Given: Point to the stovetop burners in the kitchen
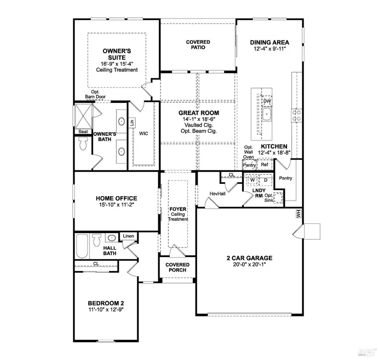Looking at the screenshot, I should [x=296, y=115].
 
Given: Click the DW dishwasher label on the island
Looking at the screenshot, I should [x=267, y=101].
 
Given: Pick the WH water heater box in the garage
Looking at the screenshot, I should [x=299, y=214].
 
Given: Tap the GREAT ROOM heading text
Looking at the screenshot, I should [x=199, y=113].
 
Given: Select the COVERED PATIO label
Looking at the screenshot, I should [x=198, y=45].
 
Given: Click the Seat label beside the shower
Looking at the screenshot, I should [x=83, y=132].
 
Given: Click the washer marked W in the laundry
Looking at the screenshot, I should [x=253, y=180].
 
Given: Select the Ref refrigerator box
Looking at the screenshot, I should [x=264, y=165].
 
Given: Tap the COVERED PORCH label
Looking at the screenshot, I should [x=178, y=267].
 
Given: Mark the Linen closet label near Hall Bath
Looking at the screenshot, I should [x=129, y=236].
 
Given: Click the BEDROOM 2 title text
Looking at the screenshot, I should [x=106, y=303].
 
